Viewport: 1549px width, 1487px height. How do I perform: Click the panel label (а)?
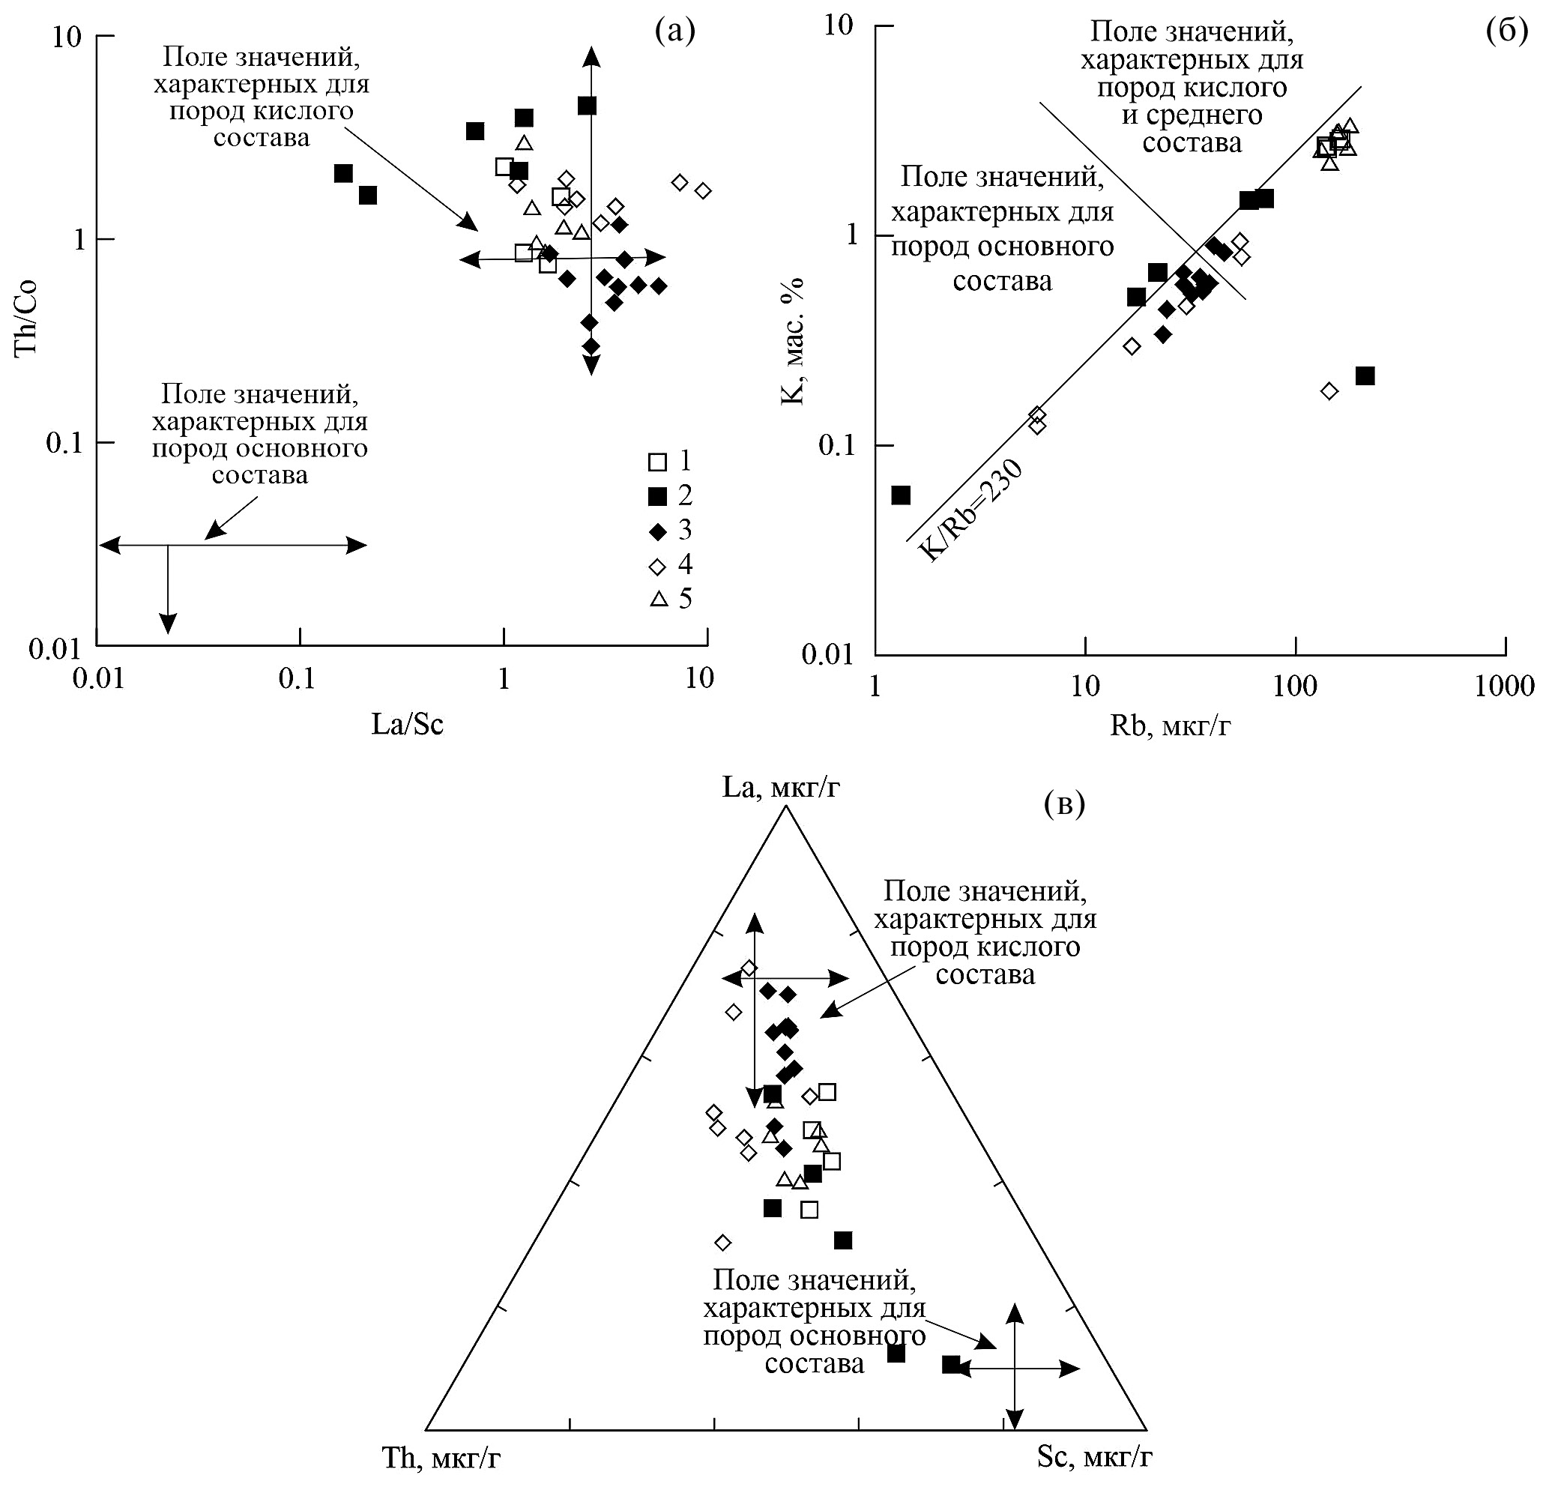click(675, 31)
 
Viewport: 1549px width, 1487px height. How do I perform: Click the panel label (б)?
click(1506, 31)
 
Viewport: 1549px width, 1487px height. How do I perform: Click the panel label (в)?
click(1063, 804)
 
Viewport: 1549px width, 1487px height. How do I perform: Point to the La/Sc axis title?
click(407, 725)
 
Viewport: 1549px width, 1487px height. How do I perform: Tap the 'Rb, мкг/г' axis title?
click(1170, 726)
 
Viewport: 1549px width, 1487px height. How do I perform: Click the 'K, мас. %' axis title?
click(792, 342)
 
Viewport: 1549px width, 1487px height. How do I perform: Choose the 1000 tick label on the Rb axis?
click(1504, 685)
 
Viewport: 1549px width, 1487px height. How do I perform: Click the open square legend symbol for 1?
click(657, 462)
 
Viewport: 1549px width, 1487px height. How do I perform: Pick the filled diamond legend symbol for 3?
click(657, 531)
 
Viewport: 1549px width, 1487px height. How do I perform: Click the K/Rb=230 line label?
click(972, 510)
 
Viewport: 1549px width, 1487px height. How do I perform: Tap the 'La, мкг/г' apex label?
click(780, 788)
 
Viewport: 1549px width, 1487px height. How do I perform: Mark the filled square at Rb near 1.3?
click(901, 495)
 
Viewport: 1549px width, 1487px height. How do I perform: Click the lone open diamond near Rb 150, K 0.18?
click(1329, 391)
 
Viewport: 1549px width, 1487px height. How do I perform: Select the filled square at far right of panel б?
click(1365, 376)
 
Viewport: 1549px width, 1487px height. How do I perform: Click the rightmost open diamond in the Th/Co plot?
click(703, 190)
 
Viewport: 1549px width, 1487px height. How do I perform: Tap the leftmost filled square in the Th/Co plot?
click(343, 174)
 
